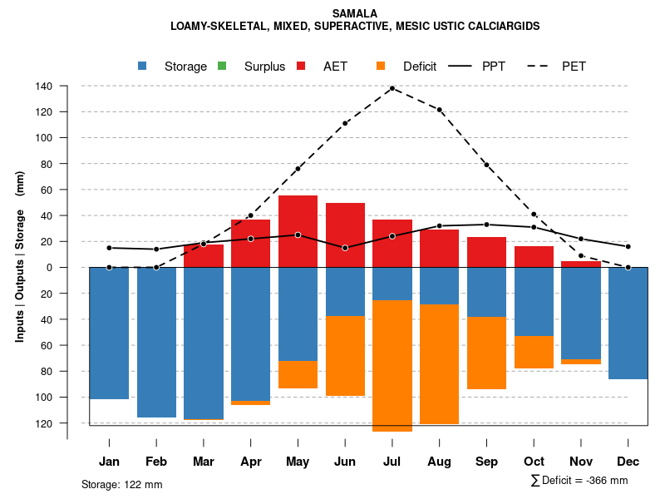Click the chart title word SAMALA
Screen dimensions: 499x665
(354, 13)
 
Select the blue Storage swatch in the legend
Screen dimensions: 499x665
(143, 67)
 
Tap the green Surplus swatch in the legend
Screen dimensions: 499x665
(222, 67)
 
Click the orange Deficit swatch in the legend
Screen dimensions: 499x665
(381, 67)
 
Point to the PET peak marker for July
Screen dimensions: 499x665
(392, 88)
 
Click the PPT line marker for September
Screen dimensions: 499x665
(486, 225)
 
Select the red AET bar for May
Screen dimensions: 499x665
(298, 231)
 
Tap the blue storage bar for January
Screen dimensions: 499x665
(109, 333)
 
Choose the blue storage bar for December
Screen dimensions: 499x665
(628, 323)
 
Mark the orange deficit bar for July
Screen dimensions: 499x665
(392, 366)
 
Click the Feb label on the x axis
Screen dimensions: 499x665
(156, 462)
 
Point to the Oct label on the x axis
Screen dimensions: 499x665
(534, 462)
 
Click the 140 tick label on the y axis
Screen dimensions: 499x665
(44, 86)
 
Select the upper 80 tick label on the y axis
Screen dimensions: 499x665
(47, 164)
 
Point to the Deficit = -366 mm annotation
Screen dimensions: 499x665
(579, 481)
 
